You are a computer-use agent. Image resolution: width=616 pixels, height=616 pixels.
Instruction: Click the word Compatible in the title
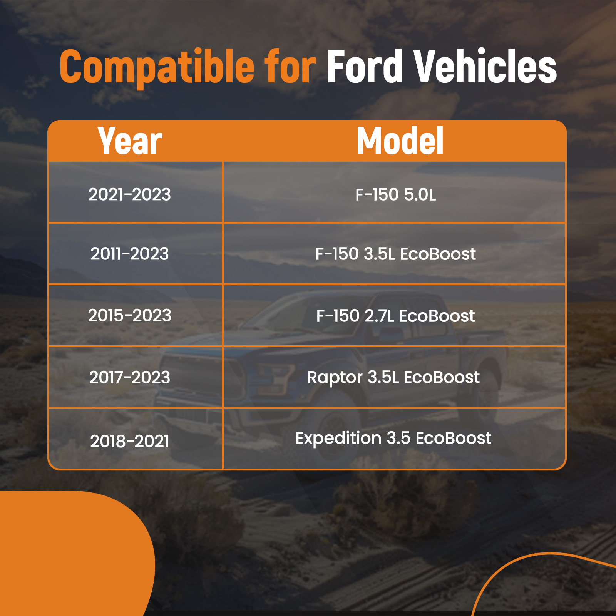coord(157,67)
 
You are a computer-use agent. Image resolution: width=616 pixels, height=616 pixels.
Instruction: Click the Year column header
coord(130,141)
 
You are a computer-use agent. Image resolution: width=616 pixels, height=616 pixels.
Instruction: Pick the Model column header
coord(400,141)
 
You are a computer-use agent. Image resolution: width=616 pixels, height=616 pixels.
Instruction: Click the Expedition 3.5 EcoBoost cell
coord(393,439)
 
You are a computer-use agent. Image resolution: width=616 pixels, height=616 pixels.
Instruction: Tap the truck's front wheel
coord(331,427)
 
